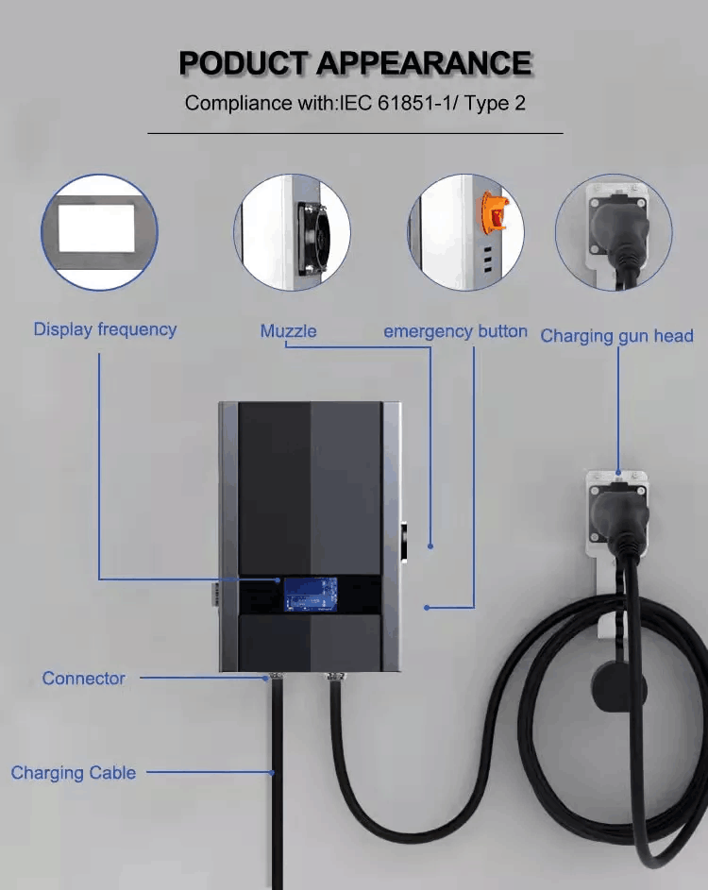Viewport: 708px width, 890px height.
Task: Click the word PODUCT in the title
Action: tap(243, 62)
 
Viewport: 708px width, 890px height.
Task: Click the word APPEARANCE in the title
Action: tap(424, 62)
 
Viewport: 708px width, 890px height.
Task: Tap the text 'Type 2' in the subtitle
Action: tap(497, 103)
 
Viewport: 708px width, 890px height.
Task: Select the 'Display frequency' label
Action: tap(105, 329)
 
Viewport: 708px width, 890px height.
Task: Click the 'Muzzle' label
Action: tap(289, 331)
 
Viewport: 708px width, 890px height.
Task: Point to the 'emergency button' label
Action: tap(455, 331)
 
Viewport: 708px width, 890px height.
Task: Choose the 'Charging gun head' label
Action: tap(617, 336)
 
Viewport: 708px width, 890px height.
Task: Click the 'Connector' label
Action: tap(83, 679)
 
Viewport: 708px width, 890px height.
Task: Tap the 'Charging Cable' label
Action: tap(74, 773)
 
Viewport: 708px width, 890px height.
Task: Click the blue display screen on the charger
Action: tap(310, 595)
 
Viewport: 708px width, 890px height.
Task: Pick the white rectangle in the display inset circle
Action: tap(96, 228)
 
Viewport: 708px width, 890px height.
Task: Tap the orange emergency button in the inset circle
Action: tap(494, 211)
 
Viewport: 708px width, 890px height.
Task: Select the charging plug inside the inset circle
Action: tap(619, 230)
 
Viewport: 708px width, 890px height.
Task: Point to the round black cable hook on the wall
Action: tap(619, 688)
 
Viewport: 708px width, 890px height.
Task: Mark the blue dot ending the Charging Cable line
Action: tap(273, 773)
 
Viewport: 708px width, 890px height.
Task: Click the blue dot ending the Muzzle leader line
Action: tap(430, 546)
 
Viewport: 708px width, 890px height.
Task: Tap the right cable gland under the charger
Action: tap(332, 677)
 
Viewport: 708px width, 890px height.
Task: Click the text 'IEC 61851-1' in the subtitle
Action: tap(399, 103)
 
